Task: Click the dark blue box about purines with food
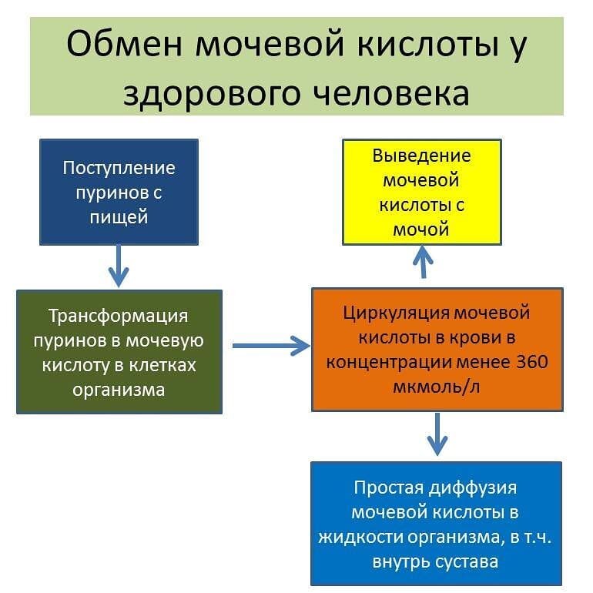(x=119, y=192)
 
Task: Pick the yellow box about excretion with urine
(x=421, y=192)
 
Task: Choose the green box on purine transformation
(x=119, y=351)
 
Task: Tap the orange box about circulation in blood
(x=437, y=349)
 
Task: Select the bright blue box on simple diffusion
(x=436, y=524)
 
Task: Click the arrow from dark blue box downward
(x=119, y=266)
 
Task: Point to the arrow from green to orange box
(x=270, y=347)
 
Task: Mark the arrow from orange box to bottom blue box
(x=437, y=435)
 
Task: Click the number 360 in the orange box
(x=531, y=361)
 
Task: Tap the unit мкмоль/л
(x=437, y=386)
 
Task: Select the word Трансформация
(x=118, y=316)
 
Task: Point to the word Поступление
(x=119, y=167)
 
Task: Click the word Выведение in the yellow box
(x=421, y=156)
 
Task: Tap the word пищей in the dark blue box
(x=119, y=216)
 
